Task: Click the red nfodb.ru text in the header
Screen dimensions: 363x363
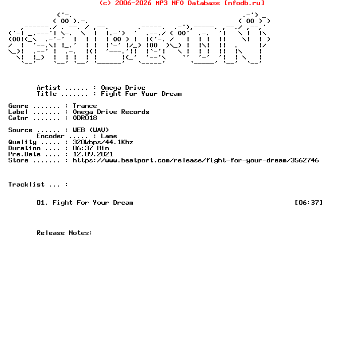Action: pyautogui.click(x=244, y=3)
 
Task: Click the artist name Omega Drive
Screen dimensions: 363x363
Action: pyautogui.click(x=123, y=88)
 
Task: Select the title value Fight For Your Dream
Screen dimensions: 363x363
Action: pyautogui.click(x=141, y=94)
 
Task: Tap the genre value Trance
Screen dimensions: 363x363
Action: pyautogui.click(x=85, y=106)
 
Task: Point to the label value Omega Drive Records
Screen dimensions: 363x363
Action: pyautogui.click(x=111, y=112)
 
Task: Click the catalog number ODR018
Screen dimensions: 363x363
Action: pyautogui.click(x=85, y=118)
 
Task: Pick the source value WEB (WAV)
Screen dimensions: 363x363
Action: pyautogui.click(x=91, y=130)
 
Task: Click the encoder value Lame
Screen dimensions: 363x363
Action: pyautogui.click(x=109, y=136)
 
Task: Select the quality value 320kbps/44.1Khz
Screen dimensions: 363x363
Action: pyautogui.click(x=103, y=142)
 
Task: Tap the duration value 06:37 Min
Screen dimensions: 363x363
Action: pyautogui.click(x=91, y=148)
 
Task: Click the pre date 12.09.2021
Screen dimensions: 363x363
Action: pyautogui.click(x=93, y=154)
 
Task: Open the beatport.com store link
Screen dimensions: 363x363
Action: pyautogui.click(x=196, y=160)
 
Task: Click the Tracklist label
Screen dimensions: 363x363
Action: pyautogui.click(x=26, y=185)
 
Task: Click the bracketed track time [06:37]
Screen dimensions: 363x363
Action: pyautogui.click(x=309, y=203)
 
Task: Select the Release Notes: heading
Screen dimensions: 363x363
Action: pyautogui.click(x=65, y=233)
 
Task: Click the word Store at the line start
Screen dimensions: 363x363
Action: pyautogui.click(x=18, y=160)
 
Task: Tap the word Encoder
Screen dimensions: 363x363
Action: pyautogui.click(x=50, y=136)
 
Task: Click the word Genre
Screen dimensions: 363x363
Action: pyautogui.click(x=18, y=106)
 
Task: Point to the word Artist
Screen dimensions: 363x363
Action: pyautogui.click(x=48, y=88)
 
